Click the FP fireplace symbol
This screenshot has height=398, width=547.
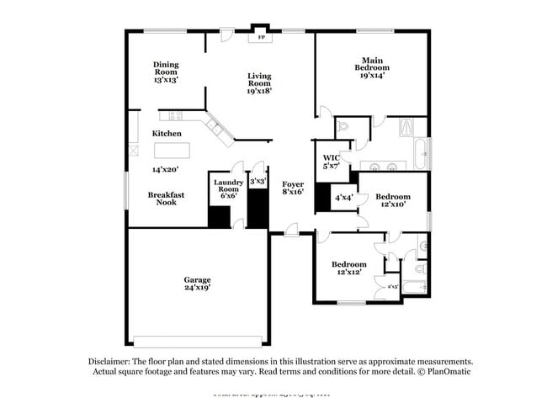click(x=261, y=38)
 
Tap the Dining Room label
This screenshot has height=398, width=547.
click(x=166, y=72)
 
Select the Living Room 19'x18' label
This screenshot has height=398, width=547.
click(x=258, y=84)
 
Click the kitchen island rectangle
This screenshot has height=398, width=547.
click(x=172, y=151)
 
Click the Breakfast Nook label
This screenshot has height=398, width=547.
click(x=166, y=198)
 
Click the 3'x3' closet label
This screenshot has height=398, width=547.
click(x=258, y=181)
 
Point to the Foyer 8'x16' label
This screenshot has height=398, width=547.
click(x=292, y=187)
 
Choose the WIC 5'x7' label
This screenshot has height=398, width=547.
click(x=331, y=162)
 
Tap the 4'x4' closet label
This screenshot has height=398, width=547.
click(x=343, y=198)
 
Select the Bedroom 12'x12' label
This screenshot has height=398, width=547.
click(x=348, y=268)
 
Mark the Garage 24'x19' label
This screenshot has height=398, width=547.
click(x=198, y=284)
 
